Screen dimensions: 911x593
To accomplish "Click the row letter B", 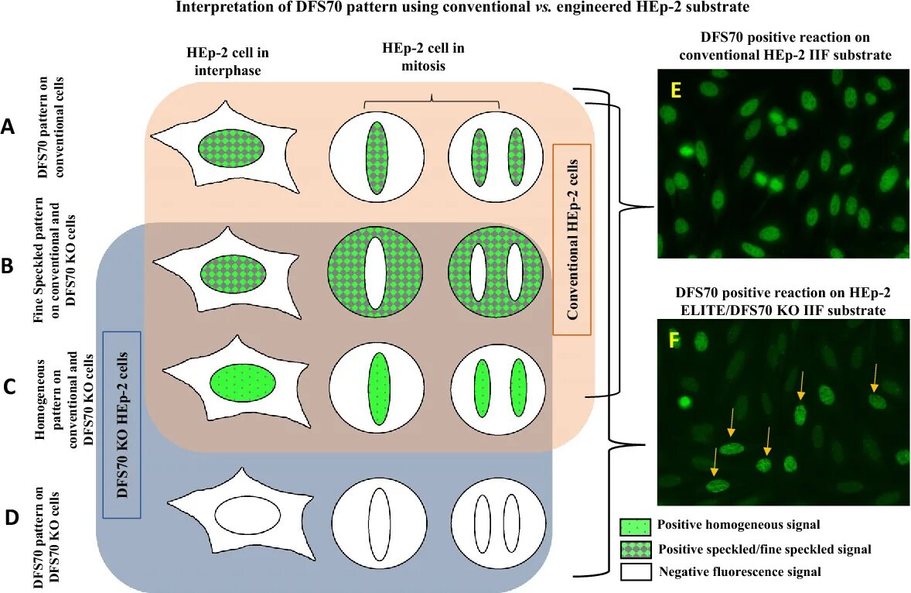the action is [x=9, y=267].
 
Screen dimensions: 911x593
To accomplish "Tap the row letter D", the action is [x=12, y=517].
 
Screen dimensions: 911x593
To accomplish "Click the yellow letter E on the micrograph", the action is [x=676, y=91].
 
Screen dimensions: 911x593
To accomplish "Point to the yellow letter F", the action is [x=675, y=340].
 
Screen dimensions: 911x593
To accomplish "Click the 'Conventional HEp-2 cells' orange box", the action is [x=572, y=238].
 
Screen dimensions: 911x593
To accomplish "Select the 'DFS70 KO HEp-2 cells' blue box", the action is [x=121, y=424].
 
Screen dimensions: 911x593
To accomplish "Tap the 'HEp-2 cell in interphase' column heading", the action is [x=222, y=61].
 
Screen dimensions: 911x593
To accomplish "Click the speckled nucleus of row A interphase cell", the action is [x=232, y=147].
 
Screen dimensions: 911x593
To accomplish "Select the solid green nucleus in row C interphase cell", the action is [x=243, y=382].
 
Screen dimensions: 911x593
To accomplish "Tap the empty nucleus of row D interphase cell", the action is [x=247, y=513].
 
